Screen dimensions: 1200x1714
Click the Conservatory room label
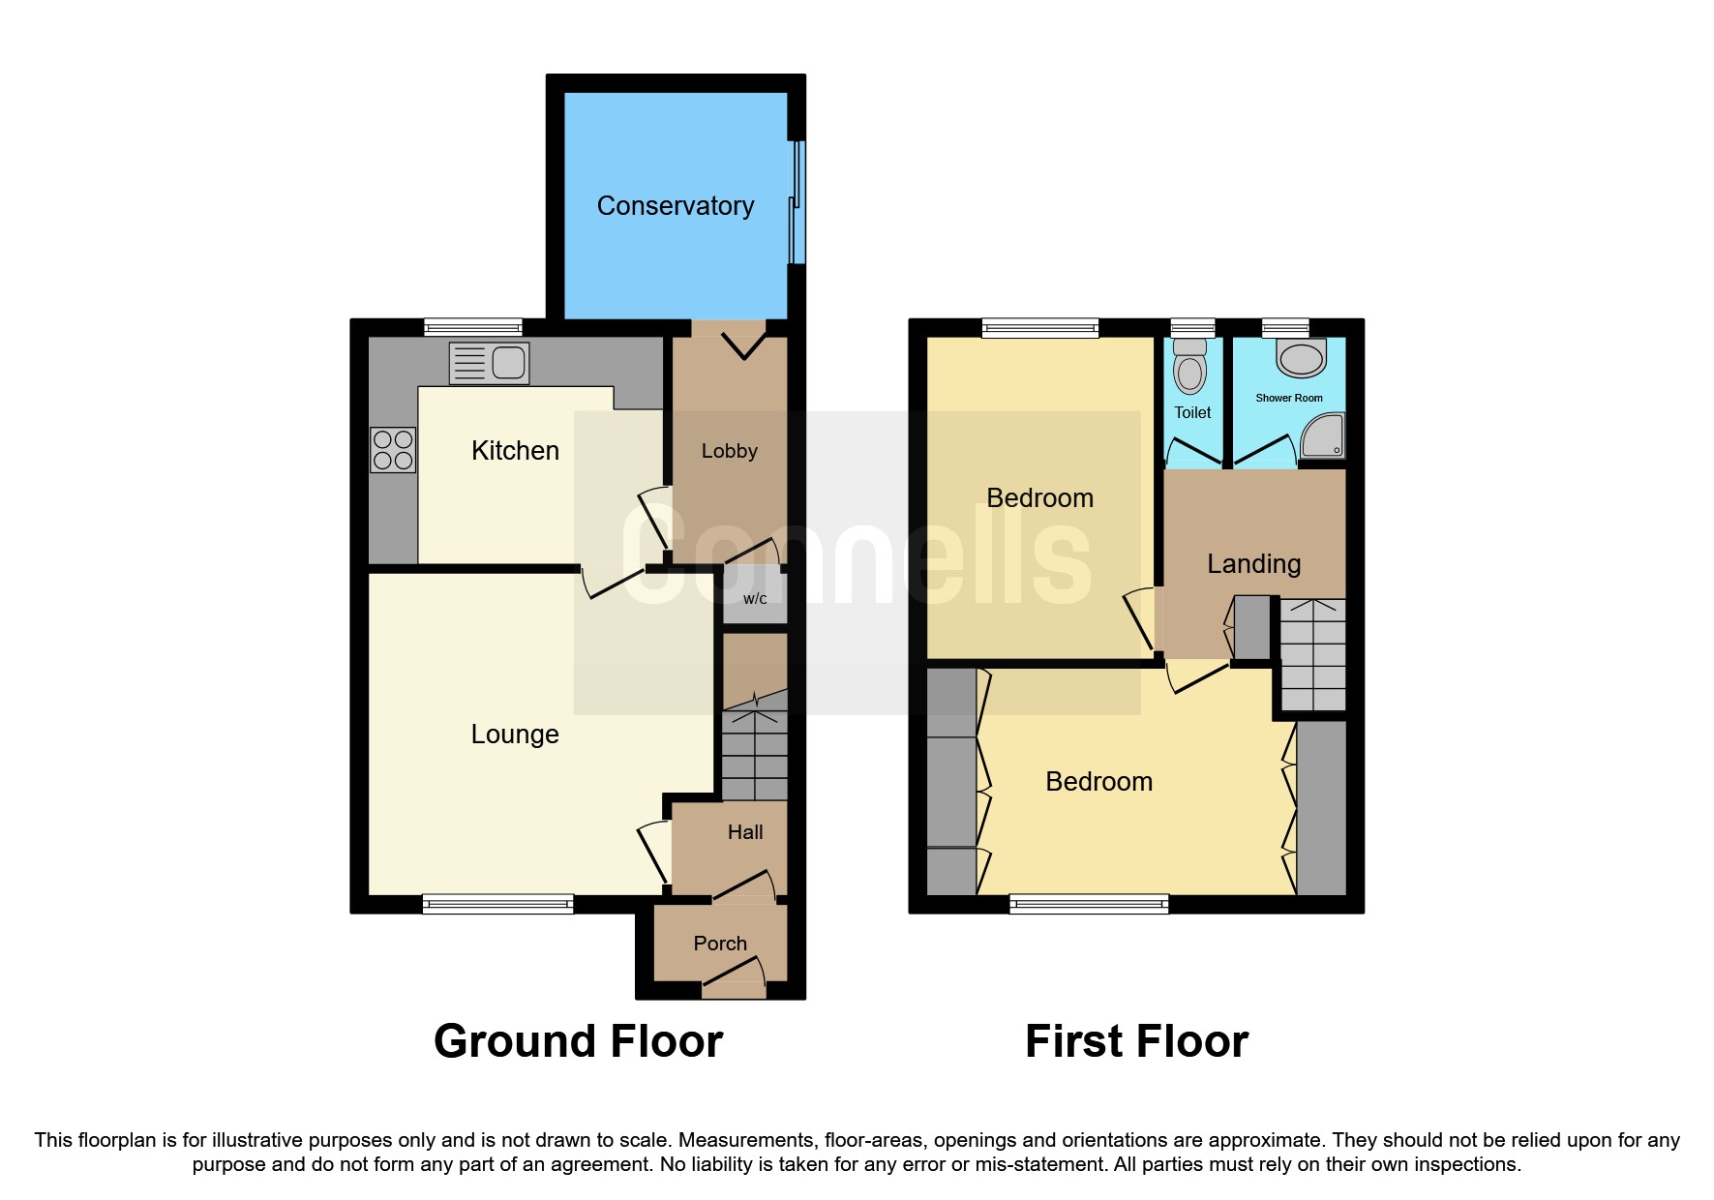(x=675, y=206)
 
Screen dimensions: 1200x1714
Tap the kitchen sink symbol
(x=490, y=363)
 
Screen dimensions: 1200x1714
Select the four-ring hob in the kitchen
(x=393, y=450)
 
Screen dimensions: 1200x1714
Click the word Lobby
(x=729, y=451)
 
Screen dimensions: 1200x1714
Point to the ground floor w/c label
(x=755, y=599)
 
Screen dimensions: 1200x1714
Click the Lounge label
(x=515, y=735)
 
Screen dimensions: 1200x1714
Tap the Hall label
(x=745, y=832)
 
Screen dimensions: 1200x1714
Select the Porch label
(x=720, y=944)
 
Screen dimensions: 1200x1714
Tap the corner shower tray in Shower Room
(x=1324, y=435)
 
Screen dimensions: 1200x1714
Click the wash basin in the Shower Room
(x=1301, y=358)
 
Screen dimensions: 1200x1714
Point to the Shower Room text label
(x=1288, y=398)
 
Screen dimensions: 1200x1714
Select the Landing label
(x=1253, y=564)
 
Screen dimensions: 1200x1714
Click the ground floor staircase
(x=755, y=755)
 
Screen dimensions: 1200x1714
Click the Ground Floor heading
(x=578, y=1042)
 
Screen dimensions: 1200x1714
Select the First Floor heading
(x=1136, y=1042)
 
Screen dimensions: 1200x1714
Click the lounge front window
(x=497, y=905)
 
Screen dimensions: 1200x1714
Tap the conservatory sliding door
(x=797, y=203)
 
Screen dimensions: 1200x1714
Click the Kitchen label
(x=515, y=451)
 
